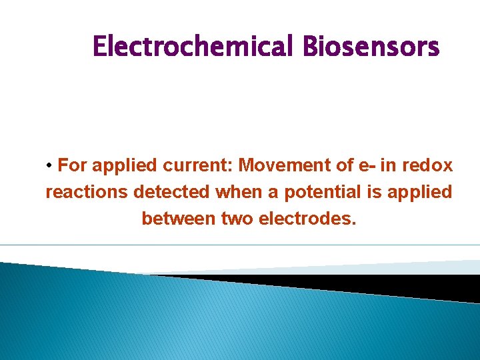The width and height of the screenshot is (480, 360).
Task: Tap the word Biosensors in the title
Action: [371, 47]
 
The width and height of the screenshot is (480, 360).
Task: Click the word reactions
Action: [87, 193]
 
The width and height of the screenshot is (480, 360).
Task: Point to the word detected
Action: [172, 192]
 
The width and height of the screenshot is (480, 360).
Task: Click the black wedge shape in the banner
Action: [373, 283]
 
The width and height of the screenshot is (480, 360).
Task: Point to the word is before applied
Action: [376, 192]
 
